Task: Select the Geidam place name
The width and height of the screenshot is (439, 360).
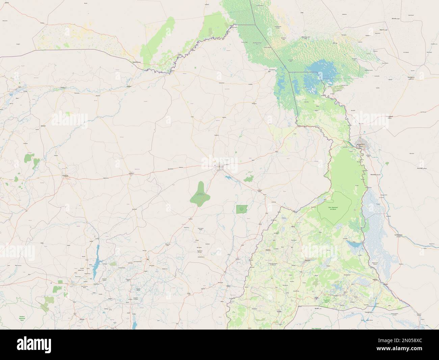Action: click(x=129, y=86)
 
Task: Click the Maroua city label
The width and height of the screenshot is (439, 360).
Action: click(x=308, y=260)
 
